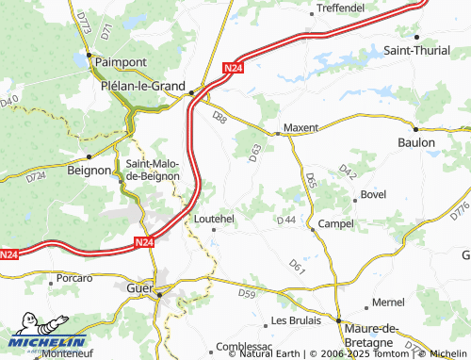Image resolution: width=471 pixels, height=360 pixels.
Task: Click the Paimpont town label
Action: tap(118, 62)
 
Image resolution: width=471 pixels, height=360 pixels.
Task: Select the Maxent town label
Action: tap(301, 126)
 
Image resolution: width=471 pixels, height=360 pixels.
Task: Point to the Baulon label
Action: tap(415, 142)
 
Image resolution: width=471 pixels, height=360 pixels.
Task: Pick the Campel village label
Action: tap(336, 223)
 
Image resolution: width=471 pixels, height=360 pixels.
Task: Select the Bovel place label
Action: tap(374, 194)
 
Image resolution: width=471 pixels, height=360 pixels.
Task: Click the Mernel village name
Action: tap(388, 303)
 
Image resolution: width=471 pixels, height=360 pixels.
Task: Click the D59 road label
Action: tap(247, 294)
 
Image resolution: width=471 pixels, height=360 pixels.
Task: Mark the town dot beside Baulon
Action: tap(415, 128)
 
